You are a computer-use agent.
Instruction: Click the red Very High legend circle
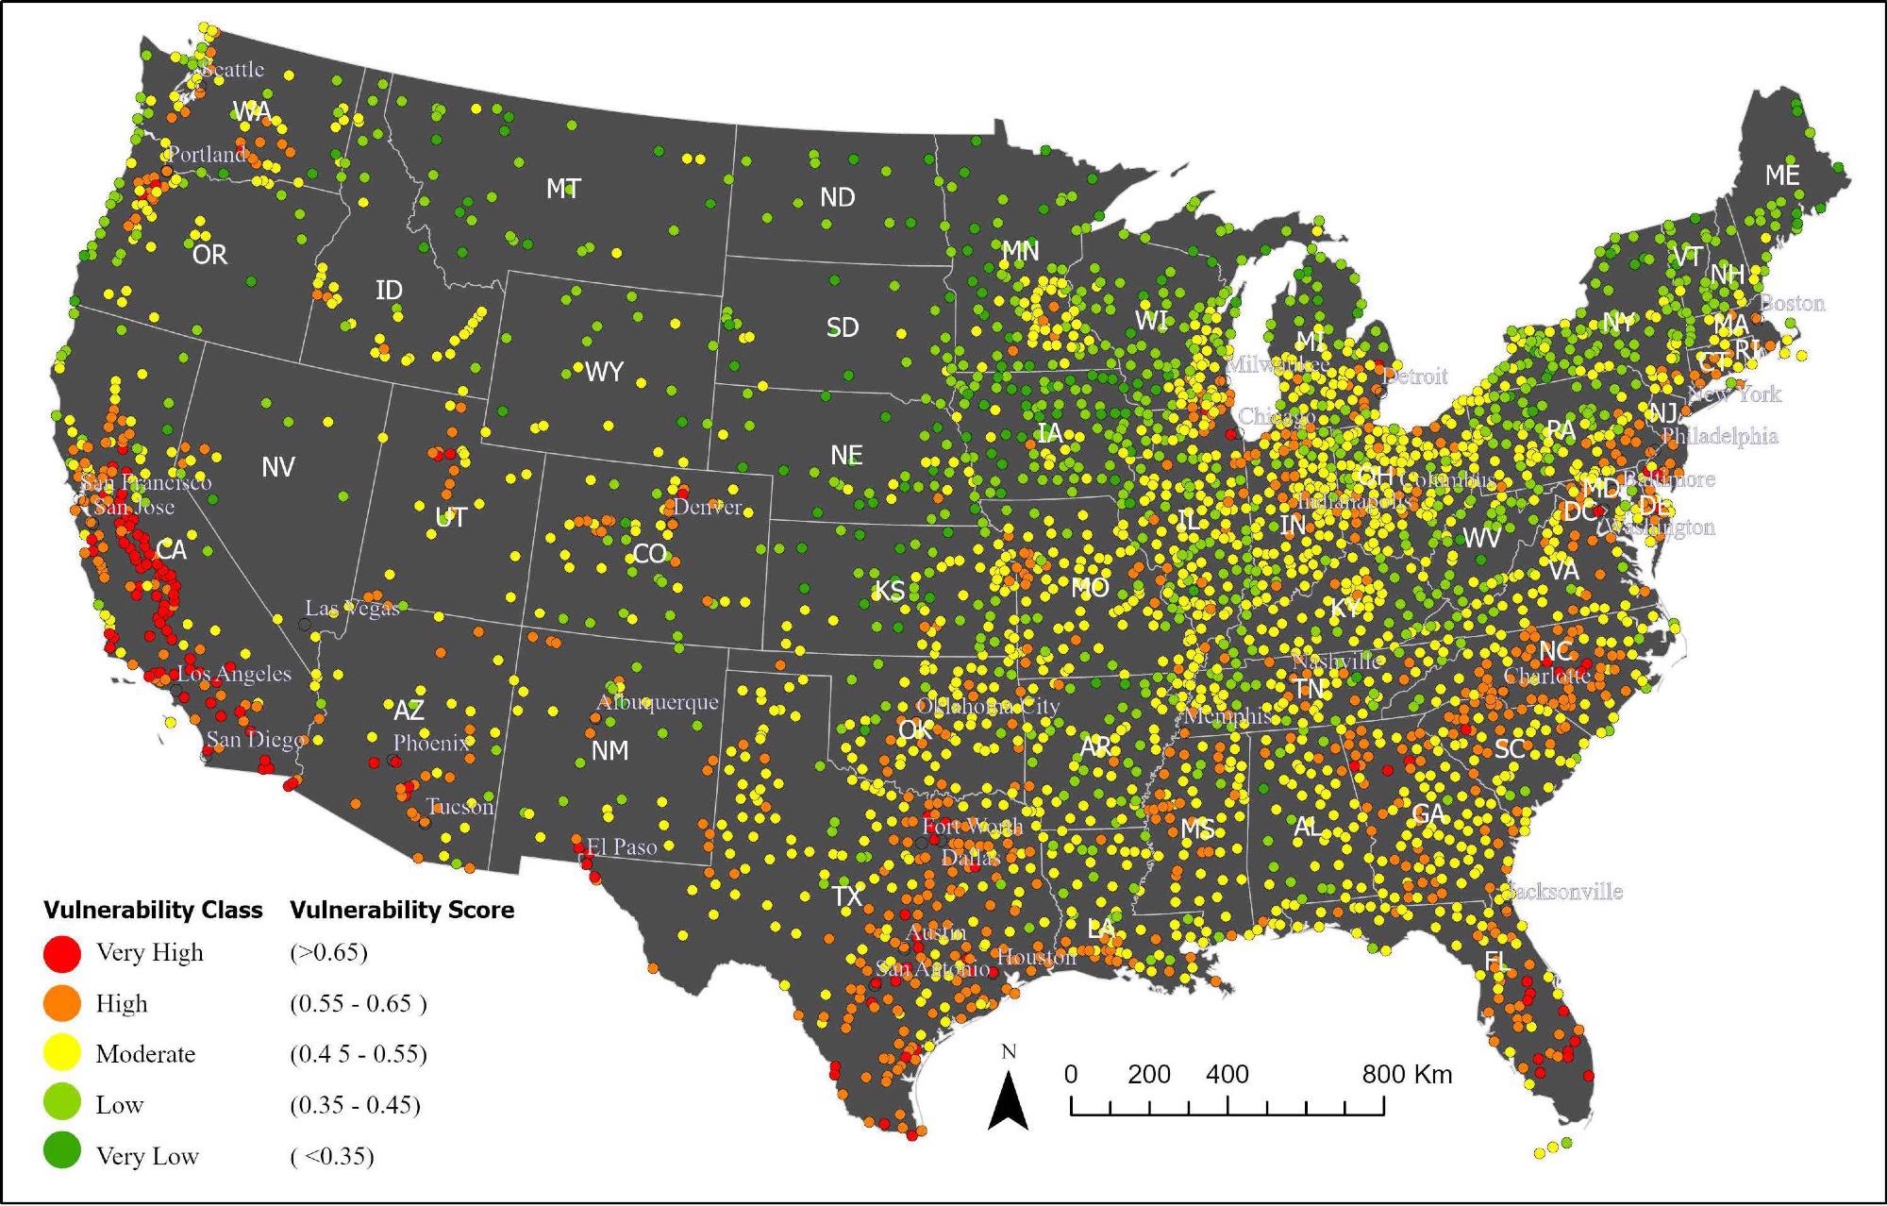62,953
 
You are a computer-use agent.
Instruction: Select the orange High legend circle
62,1004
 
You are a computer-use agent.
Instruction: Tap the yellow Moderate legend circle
62,1054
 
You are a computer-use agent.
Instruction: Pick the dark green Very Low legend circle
62,1155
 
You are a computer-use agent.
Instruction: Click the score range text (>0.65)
328,952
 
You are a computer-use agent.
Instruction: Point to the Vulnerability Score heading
402,910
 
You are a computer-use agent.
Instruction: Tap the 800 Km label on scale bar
1406,1074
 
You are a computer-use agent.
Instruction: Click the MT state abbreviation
563,190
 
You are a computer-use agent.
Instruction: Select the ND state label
837,197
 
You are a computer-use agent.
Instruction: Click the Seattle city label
233,70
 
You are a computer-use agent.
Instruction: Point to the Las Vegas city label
352,609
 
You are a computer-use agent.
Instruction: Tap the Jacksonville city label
1563,892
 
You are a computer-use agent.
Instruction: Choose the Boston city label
1792,303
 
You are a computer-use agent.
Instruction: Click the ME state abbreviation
1782,176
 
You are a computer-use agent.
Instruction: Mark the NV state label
278,467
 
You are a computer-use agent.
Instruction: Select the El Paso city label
622,846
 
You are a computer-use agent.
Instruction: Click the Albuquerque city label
658,702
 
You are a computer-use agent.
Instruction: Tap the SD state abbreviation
843,327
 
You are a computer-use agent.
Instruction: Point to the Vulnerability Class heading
153,910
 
